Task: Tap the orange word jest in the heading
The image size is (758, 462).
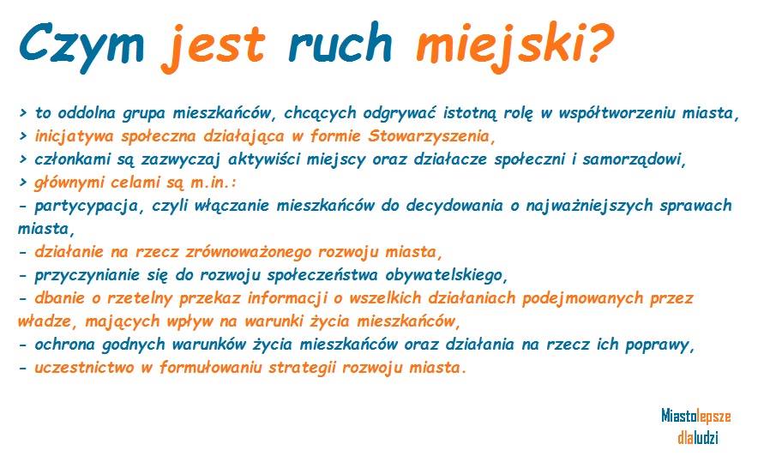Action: (x=214, y=47)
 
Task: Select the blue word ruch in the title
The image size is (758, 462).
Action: (x=340, y=43)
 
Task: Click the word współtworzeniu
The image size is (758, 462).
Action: (x=617, y=113)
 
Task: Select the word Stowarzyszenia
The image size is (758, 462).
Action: (x=429, y=137)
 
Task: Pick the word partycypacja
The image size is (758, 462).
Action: (x=87, y=207)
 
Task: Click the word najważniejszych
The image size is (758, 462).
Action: (x=590, y=207)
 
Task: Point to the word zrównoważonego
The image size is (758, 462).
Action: (x=249, y=253)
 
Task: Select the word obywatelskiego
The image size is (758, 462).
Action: (x=444, y=276)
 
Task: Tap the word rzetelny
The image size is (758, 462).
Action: (x=139, y=298)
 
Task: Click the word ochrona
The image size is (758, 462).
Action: (x=65, y=345)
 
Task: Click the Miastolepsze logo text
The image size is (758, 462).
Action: (x=696, y=416)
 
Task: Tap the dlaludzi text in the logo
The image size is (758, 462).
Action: (x=698, y=437)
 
